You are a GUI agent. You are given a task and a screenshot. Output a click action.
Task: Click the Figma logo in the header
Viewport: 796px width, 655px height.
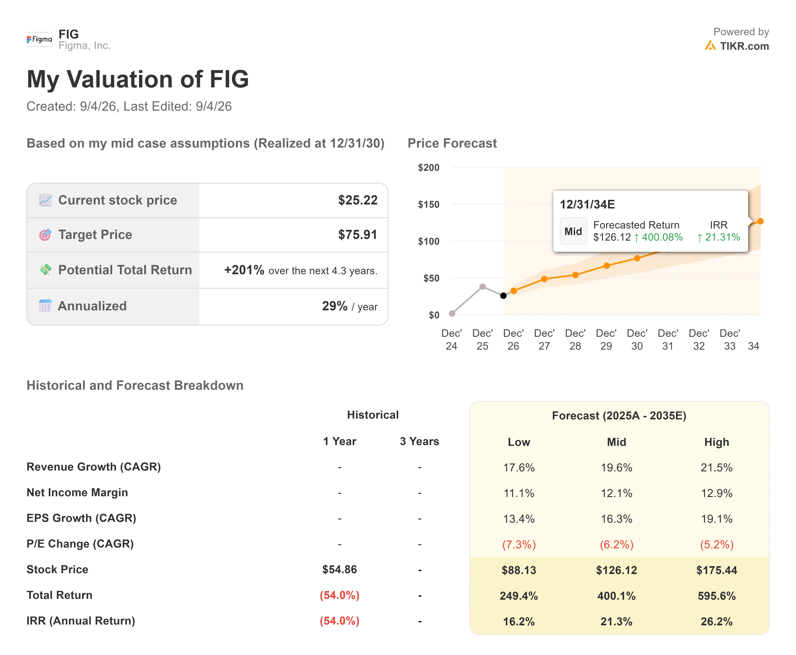[39, 39]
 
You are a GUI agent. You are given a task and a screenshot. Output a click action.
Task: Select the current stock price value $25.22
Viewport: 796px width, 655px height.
[358, 200]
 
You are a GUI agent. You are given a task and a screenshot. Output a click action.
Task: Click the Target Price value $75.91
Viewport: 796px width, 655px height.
[358, 235]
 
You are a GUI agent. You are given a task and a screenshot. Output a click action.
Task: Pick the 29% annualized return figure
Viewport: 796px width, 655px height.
[335, 306]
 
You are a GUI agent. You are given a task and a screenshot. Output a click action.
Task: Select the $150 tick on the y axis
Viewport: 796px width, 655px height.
[429, 204]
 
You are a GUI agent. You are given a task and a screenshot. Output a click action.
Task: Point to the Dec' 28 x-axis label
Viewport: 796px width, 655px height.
[575, 340]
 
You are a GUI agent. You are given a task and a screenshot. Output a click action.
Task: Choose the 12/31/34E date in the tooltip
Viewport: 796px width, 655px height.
[587, 204]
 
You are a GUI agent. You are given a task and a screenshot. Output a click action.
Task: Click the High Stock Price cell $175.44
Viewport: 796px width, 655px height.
[717, 570]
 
